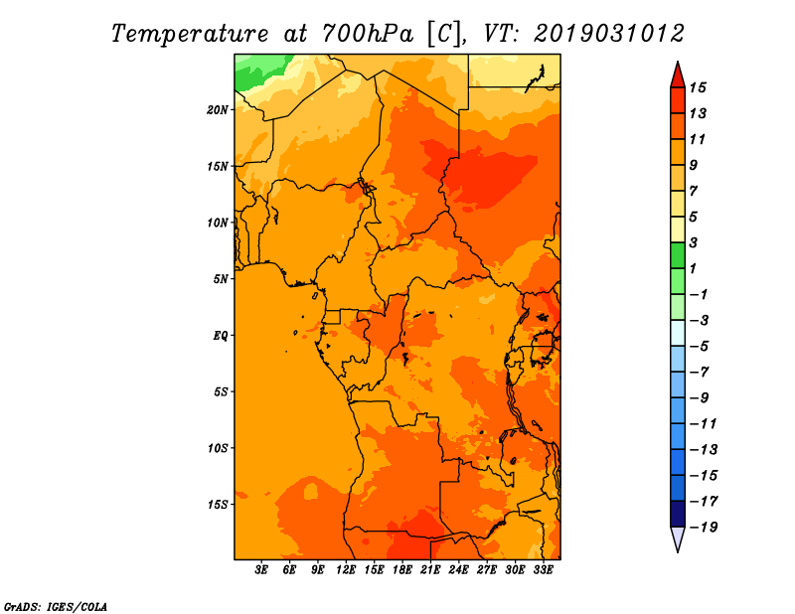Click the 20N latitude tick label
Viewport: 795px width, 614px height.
tap(218, 109)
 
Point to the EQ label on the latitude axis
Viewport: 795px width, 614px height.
tap(221, 335)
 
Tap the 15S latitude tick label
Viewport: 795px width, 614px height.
tap(218, 505)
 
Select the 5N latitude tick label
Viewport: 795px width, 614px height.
tap(221, 279)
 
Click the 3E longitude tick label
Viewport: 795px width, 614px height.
tap(260, 569)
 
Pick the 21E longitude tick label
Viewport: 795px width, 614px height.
tap(430, 569)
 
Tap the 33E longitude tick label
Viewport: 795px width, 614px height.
tap(543, 569)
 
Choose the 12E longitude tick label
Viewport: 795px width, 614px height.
tap(345, 569)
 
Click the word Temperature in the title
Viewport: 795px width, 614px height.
tap(190, 35)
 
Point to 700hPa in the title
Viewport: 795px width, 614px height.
tap(368, 34)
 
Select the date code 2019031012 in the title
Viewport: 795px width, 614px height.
tap(609, 34)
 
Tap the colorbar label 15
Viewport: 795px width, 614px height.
tap(698, 87)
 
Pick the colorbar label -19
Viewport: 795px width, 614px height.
tap(704, 528)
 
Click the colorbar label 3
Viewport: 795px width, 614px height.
tap(694, 242)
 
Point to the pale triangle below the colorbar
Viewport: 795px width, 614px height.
tap(678, 537)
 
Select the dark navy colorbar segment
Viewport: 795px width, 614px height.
tap(678, 514)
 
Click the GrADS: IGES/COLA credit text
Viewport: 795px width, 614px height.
tap(56, 607)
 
